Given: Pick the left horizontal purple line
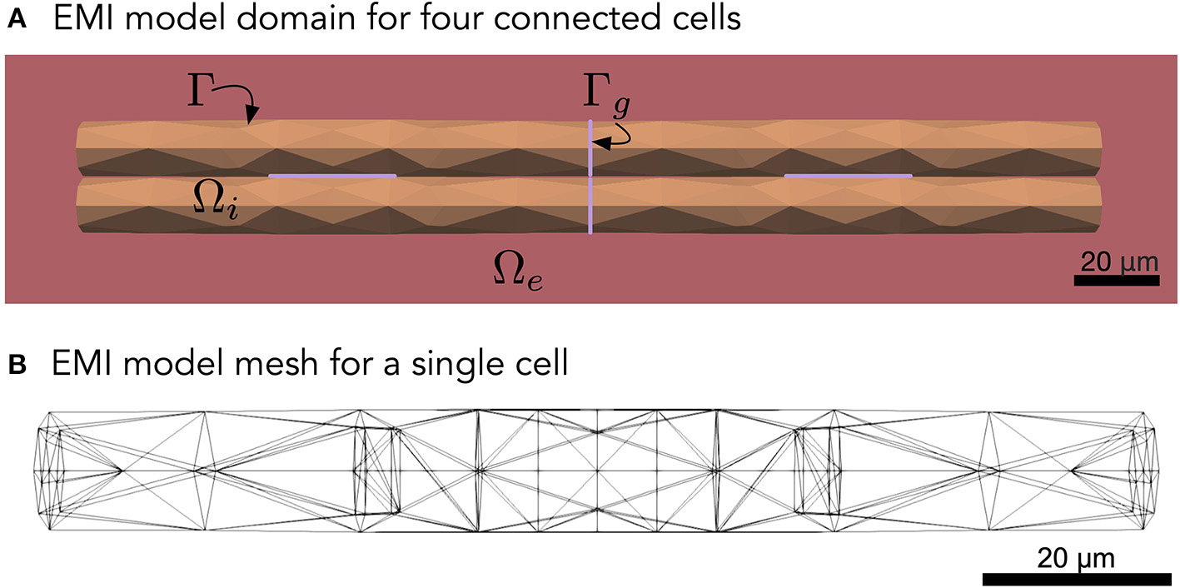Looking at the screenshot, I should tap(332, 176).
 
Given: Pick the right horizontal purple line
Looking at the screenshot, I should tap(849, 176).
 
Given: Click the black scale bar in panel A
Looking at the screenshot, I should tap(1116, 281).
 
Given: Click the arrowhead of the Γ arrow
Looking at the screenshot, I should tap(252, 119).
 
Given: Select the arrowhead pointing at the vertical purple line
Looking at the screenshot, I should tap(599, 143).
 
